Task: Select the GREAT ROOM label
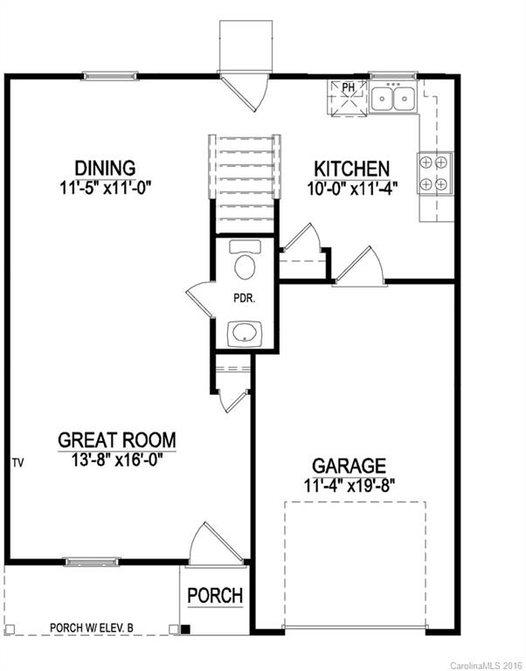[x=117, y=439]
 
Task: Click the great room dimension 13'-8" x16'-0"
[x=117, y=460]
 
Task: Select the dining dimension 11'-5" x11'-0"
[x=105, y=186]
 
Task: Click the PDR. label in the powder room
[x=243, y=298]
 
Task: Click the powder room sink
[x=243, y=333]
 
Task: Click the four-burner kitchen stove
[x=435, y=172]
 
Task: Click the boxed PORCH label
[x=215, y=596]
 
